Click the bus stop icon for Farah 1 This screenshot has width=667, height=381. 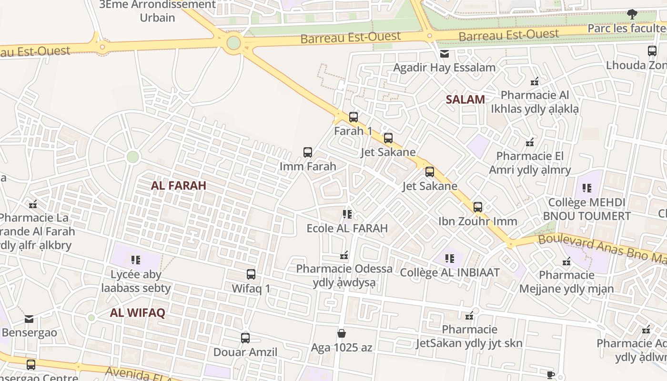click(353, 117)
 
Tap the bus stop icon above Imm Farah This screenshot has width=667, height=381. click(308, 152)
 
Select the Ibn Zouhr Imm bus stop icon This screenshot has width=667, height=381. click(478, 207)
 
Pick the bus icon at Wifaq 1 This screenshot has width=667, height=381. click(251, 274)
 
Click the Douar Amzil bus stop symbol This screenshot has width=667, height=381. click(245, 338)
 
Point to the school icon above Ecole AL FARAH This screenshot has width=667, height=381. click(347, 214)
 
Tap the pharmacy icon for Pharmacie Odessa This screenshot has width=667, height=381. click(344, 256)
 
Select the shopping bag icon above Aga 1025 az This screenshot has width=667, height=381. click(342, 333)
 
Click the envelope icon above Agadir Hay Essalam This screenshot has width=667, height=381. click(445, 54)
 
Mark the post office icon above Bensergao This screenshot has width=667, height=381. click(29, 319)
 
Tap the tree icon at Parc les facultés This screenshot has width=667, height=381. click(632, 14)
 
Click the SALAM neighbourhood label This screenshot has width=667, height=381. click(465, 100)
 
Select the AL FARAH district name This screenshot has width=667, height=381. click(179, 186)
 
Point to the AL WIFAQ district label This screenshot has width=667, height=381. click(137, 313)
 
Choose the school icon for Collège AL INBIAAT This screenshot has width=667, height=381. click(449, 259)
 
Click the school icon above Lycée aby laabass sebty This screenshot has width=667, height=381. click(136, 260)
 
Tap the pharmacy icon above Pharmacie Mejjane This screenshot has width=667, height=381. click(566, 261)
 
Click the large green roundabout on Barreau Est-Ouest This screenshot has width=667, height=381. click(233, 43)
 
